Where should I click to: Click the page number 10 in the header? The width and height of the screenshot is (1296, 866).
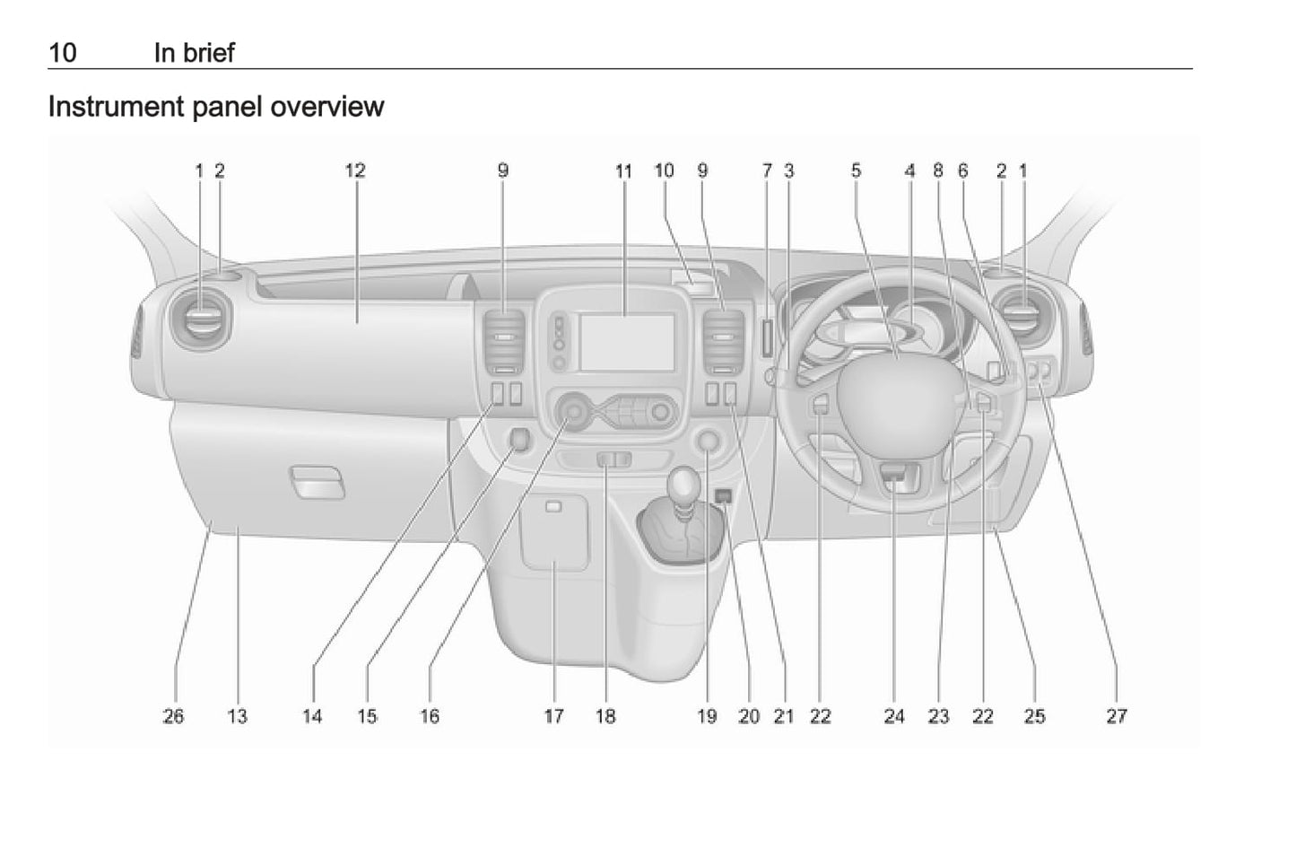pos(62,53)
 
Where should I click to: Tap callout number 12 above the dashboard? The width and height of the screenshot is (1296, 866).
pos(355,171)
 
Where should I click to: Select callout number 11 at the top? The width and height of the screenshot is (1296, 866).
pos(623,171)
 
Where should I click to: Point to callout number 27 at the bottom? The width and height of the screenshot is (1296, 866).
pos(1116,716)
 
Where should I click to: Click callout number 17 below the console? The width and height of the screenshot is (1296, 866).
pos(553,716)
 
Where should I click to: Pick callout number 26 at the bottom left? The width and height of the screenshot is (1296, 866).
pos(173,716)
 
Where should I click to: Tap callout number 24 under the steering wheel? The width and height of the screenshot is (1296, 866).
pos(894,716)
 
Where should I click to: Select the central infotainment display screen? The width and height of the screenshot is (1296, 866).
pos(627,341)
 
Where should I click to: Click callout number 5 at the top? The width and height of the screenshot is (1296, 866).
pos(856,171)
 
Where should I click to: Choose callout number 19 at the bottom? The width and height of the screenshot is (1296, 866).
pos(707,716)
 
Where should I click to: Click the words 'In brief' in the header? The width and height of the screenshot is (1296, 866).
pos(194,53)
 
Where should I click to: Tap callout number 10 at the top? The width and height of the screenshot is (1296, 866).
pos(664,171)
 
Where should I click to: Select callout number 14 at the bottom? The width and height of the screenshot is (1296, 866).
pos(312,716)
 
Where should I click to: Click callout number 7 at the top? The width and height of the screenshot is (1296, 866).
pos(767,171)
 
